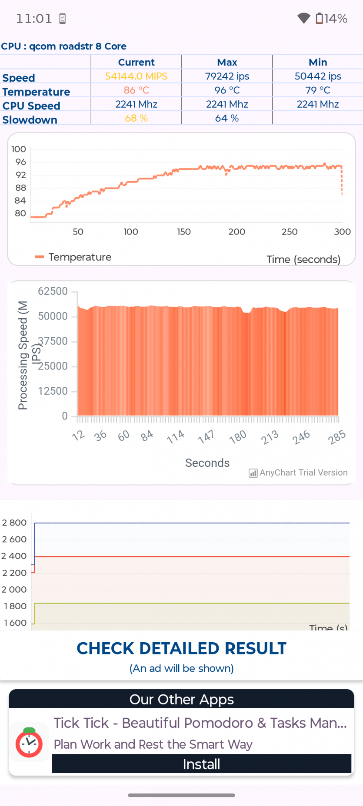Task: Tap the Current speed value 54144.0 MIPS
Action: [136, 76]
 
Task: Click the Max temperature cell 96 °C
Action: [227, 90]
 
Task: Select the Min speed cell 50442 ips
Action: [318, 76]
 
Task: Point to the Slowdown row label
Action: [30, 120]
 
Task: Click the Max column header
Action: [227, 62]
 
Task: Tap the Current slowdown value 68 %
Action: [136, 118]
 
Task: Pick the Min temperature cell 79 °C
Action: [318, 90]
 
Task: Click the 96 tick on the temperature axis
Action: [20, 162]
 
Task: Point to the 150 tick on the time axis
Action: [184, 232]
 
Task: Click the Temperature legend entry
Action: [74, 257]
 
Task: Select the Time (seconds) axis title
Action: [303, 259]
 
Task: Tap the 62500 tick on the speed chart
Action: [53, 291]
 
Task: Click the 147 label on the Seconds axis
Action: [206, 436]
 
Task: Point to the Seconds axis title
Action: [207, 463]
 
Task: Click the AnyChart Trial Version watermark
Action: [298, 472]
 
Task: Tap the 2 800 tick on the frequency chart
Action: [15, 523]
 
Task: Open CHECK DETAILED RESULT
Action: [181, 648]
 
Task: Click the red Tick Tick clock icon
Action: [29, 743]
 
